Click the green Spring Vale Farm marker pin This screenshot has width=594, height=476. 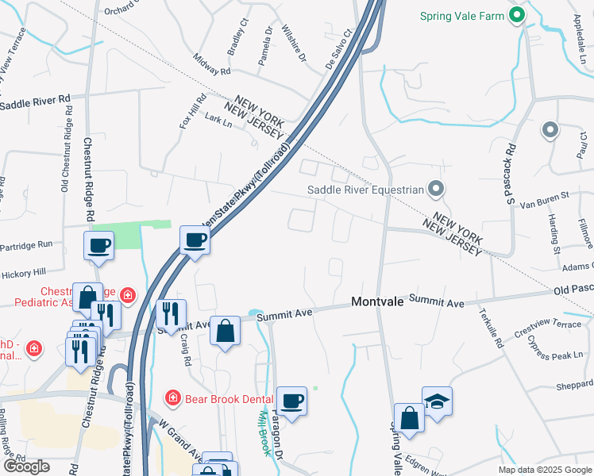coord(517,14)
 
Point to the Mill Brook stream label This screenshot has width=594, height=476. coord(264,432)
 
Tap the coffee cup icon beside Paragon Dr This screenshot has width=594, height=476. coord(292,400)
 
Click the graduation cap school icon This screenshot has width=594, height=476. coord(437,401)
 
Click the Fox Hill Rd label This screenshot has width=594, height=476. coord(192,112)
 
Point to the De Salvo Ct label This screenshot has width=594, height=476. coord(337,51)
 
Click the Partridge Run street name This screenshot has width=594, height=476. coord(26,245)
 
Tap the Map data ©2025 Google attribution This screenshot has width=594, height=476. coord(544,470)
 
